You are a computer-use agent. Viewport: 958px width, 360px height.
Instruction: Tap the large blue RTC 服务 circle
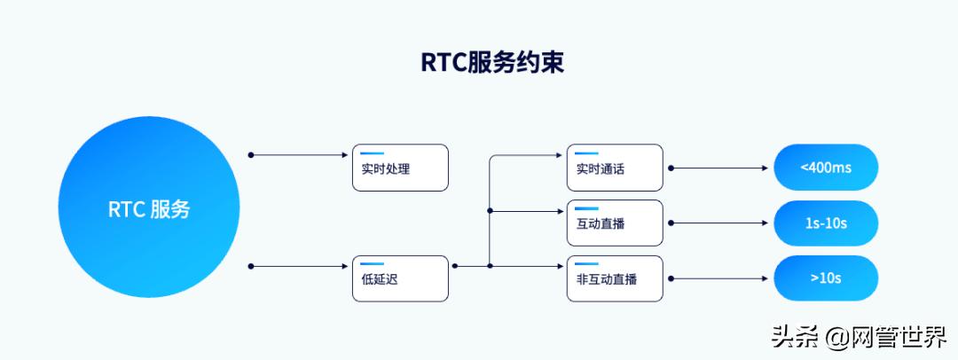[x=149, y=209]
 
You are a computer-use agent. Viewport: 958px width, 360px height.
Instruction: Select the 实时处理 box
[x=400, y=168]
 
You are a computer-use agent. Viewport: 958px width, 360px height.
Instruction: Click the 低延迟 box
[x=400, y=278]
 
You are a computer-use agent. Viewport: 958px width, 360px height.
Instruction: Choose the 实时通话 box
[x=615, y=168]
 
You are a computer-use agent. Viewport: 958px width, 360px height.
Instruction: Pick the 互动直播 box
[x=615, y=223]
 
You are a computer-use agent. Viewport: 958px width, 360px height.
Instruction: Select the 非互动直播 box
[x=615, y=278]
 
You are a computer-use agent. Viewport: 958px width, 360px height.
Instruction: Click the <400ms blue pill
[x=825, y=167]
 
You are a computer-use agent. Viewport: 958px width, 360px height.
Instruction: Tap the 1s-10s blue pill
[x=825, y=223]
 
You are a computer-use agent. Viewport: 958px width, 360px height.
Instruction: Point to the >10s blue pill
[x=825, y=278]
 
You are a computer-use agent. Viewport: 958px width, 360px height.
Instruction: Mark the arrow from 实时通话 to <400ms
[x=718, y=168]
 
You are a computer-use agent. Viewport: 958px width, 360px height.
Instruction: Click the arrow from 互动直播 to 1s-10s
[x=718, y=223]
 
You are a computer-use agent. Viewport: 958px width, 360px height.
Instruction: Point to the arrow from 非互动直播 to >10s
[x=718, y=278]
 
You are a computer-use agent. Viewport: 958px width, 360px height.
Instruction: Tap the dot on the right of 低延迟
[x=455, y=265]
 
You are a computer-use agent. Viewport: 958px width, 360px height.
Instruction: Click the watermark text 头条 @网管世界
[x=858, y=337]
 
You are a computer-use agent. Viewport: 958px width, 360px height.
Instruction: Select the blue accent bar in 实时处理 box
[x=372, y=153]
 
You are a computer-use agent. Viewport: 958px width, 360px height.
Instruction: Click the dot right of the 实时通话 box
[x=671, y=168]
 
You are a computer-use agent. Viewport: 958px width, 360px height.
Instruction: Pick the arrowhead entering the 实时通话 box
[x=562, y=155]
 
